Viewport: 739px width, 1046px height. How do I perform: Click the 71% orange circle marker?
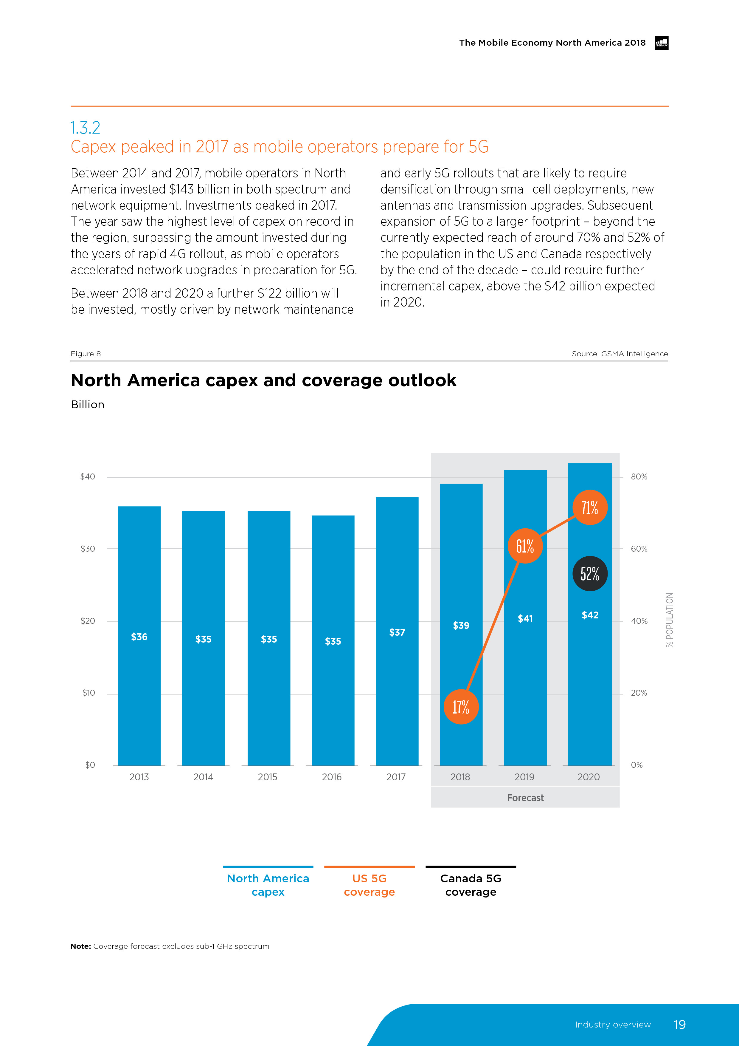coord(590,507)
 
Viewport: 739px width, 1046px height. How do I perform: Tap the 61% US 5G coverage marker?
coord(525,546)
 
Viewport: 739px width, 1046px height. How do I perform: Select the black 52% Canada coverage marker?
coord(590,574)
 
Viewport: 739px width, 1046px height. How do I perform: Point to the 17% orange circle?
coord(461,707)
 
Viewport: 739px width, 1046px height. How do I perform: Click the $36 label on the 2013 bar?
coord(139,637)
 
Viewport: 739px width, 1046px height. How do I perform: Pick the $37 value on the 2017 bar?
coord(397,632)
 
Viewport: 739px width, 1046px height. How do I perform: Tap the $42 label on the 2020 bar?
coord(590,615)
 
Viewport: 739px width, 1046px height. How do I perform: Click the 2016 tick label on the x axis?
coord(331,777)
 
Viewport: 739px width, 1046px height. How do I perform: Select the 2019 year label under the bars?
coord(524,777)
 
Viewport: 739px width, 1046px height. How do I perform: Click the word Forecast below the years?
coord(525,798)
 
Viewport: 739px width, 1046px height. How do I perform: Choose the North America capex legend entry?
coord(268,885)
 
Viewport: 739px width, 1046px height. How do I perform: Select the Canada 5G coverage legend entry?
coord(471,885)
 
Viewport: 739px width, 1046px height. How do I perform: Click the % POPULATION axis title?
coord(669,620)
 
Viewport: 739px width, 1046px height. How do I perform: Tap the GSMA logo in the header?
coord(661,43)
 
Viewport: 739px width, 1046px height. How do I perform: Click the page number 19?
coord(679,1025)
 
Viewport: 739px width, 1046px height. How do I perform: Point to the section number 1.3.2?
coord(85,128)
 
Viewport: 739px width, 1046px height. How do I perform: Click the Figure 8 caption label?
coord(86,354)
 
